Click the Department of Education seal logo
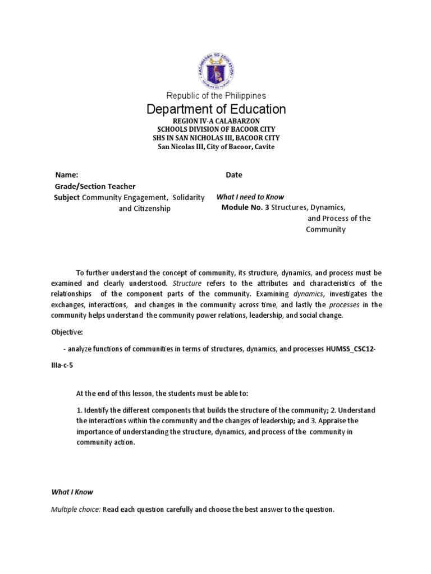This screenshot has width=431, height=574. click(216, 70)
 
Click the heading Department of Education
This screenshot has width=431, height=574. click(215, 109)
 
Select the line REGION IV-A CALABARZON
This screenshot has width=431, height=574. click(215, 121)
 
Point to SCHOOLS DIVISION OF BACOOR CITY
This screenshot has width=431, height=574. click(215, 129)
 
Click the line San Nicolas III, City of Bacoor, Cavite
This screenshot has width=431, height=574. click(215, 147)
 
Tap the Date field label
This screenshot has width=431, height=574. click(234, 175)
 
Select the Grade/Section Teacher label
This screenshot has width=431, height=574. click(94, 186)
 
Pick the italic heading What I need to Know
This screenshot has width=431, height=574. click(250, 197)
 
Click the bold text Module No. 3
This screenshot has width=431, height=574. click(245, 207)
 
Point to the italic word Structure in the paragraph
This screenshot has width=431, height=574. click(187, 283)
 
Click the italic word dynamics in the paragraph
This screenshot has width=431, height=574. click(308, 294)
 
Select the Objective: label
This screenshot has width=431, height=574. click(67, 332)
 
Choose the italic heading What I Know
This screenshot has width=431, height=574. click(72, 492)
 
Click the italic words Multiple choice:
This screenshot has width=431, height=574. click(76, 510)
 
